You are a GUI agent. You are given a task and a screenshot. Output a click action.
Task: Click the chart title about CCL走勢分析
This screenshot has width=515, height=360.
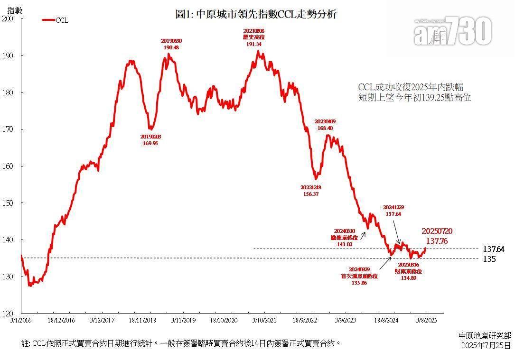(x=256, y=14)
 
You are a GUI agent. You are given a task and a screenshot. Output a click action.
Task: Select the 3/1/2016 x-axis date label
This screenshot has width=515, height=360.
(x=21, y=321)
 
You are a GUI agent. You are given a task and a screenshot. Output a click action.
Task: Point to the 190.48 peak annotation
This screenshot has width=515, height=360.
(x=171, y=47)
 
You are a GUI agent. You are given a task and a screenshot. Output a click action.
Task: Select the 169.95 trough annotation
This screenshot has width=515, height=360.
(x=150, y=143)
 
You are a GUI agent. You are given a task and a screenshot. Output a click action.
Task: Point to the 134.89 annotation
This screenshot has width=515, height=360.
(x=408, y=278)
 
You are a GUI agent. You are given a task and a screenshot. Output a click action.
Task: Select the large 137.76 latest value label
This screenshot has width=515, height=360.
(x=437, y=241)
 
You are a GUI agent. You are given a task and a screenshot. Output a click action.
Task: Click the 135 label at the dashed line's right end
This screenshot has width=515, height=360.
(x=489, y=259)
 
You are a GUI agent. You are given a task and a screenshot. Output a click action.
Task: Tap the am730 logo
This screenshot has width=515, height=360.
(x=452, y=31)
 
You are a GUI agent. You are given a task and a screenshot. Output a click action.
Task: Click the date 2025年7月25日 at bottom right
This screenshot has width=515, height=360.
(x=486, y=345)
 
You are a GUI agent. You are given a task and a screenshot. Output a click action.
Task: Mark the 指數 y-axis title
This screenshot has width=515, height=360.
(x=14, y=10)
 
